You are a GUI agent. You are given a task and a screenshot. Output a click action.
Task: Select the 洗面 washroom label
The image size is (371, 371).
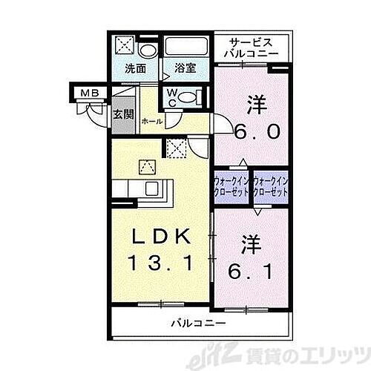tap(134, 68)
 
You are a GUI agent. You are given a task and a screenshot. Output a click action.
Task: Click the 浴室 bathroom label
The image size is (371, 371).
tap(185, 68)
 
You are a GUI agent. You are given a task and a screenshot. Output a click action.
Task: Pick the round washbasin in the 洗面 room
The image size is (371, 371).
tap(147, 50)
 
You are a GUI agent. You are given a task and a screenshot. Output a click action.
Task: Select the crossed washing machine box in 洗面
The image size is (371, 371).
tap(124, 47)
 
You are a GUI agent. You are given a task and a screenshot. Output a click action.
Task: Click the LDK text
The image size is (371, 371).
tap(162, 237)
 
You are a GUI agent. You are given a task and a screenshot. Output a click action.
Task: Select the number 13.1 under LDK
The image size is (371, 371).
tap(161, 261)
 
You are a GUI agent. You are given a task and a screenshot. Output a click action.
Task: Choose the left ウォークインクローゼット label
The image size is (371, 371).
tap(232, 185)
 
